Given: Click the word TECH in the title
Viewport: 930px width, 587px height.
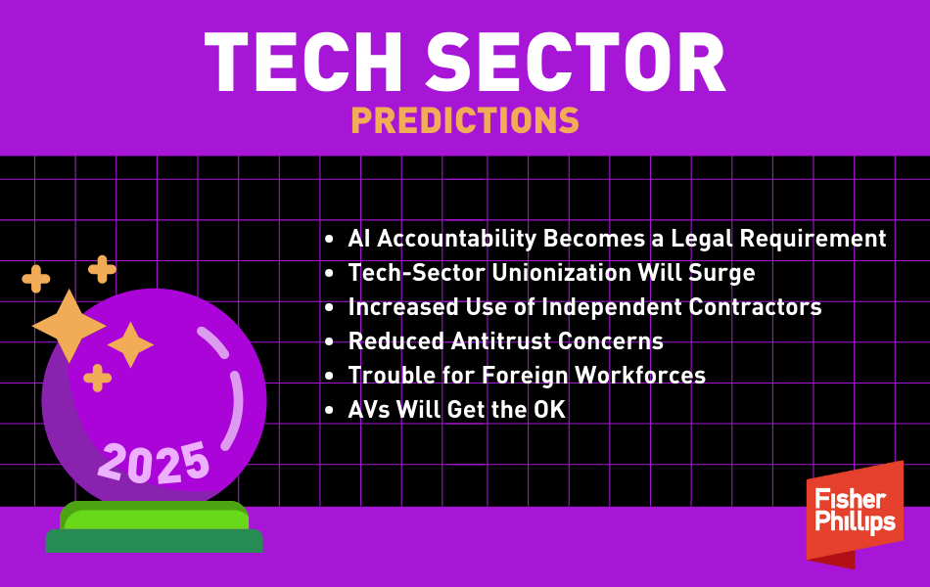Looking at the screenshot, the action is [303, 63].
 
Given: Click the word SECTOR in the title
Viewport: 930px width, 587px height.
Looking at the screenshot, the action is [576, 63].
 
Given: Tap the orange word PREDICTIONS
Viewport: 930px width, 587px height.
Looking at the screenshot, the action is [465, 120].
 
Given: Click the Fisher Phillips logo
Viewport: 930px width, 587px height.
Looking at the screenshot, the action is [855, 514].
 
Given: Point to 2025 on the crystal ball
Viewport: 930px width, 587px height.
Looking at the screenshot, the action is [154, 463].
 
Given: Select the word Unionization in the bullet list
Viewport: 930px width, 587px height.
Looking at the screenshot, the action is [561, 273].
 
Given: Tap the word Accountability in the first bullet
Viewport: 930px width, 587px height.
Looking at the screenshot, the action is [457, 239].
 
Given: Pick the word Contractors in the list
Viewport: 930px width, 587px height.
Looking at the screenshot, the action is [755, 307].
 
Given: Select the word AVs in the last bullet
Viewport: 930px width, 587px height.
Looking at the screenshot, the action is [368, 410].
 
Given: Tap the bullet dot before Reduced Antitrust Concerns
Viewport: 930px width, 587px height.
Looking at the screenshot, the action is [330, 342].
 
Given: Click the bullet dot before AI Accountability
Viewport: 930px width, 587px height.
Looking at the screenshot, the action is [330, 240].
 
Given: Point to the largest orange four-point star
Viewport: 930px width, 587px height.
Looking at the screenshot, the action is [69, 326].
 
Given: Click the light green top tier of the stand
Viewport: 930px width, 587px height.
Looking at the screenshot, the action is [155, 515].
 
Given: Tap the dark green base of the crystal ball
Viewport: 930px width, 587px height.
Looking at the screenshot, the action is [155, 541].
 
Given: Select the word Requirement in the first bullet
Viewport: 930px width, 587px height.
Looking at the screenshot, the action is [813, 239].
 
